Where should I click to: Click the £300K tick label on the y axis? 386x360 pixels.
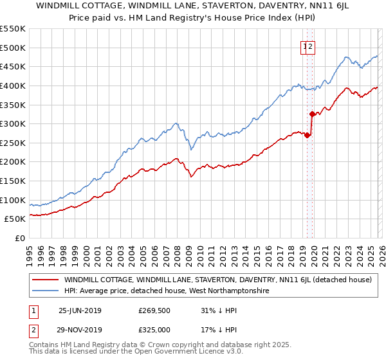[13, 123]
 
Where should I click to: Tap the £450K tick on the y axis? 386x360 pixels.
[13, 66]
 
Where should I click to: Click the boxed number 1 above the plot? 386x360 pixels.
[304, 46]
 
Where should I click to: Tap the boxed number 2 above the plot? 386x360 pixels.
[310, 46]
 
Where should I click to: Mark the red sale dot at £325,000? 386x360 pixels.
[312, 114]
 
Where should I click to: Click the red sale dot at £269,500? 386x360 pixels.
[308, 136]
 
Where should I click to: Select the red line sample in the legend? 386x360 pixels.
[45, 280]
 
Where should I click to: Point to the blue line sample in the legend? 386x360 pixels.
[45, 291]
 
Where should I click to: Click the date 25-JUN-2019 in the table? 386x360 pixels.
[80, 310]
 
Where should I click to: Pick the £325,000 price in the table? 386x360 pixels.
[154, 329]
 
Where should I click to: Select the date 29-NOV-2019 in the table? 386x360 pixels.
[80, 329]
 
